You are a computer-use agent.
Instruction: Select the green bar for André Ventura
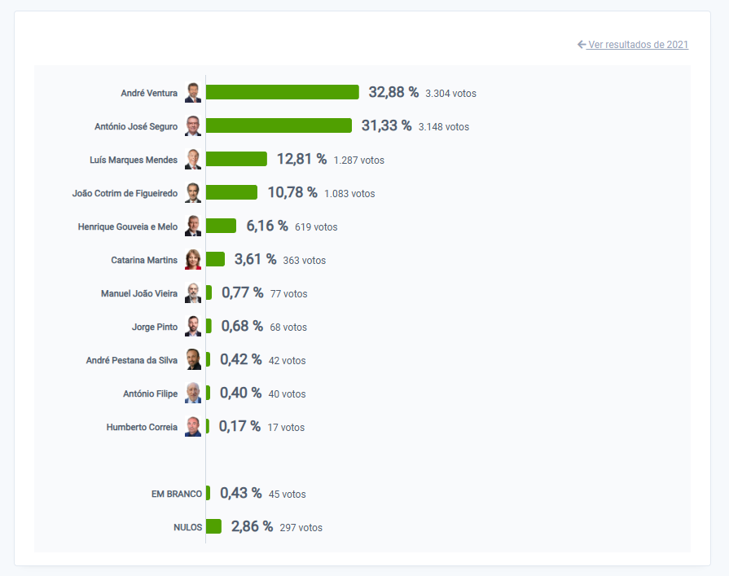[x=282, y=92]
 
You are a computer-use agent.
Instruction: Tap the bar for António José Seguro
[x=279, y=125]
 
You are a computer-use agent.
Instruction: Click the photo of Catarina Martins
[x=193, y=260]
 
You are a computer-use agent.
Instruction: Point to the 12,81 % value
[x=301, y=159]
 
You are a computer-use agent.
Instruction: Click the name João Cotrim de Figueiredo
[x=125, y=193]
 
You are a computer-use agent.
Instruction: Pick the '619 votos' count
[x=316, y=227]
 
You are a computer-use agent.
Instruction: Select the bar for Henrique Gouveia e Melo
[x=221, y=226]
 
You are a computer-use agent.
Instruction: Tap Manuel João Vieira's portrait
[x=193, y=293]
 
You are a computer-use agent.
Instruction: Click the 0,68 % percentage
[x=242, y=327]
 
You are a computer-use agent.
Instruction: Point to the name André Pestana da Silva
[x=132, y=360]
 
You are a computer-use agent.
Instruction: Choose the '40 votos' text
[x=287, y=394]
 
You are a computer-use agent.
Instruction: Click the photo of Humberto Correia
[x=193, y=427]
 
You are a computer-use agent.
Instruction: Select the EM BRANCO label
[x=177, y=494]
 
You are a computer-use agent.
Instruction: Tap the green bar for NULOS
[x=213, y=527]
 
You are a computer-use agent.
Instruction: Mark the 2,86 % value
[x=252, y=527]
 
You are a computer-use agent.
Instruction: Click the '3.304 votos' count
[x=450, y=94]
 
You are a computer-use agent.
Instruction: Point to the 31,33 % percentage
[x=386, y=125]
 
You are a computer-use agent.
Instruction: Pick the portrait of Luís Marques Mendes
[x=193, y=159]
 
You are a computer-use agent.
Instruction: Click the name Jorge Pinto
[x=155, y=327]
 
